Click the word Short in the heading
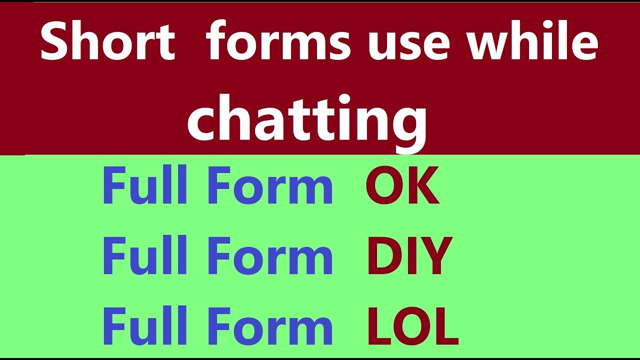(x=108, y=40)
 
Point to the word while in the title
(x=533, y=40)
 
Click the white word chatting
(x=307, y=123)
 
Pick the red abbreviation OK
(x=402, y=185)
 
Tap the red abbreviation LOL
(x=413, y=325)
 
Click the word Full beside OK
(x=145, y=184)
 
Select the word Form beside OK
(x=270, y=185)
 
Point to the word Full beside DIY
(x=145, y=255)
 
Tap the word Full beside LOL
(x=145, y=325)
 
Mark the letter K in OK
(x=423, y=185)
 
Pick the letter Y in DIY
(x=434, y=255)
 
